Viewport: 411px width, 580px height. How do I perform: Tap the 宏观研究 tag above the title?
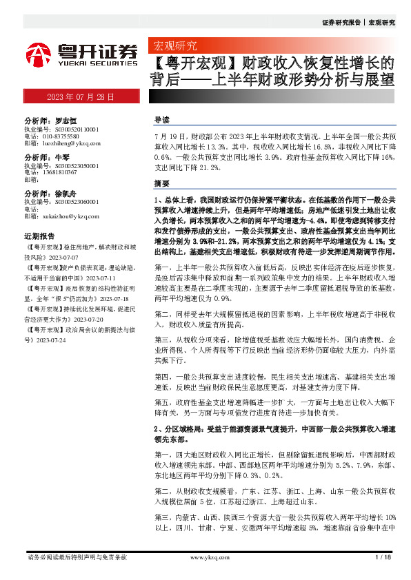pos(174,47)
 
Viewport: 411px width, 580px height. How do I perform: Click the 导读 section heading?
pos(162,120)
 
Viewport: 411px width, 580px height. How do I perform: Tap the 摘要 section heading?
pos(162,185)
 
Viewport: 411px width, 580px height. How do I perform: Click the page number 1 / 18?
pos(381,557)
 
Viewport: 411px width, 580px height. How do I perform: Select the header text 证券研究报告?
pos(341,22)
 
